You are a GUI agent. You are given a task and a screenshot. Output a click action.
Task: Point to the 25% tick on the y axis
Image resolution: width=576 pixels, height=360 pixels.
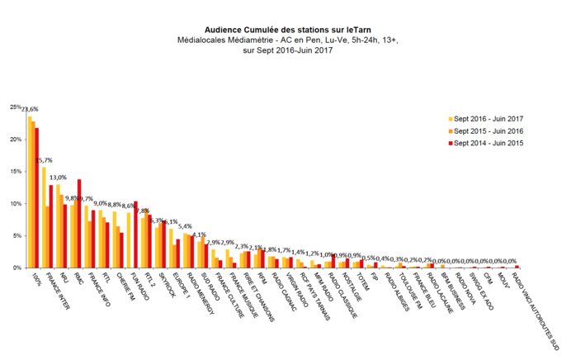click(x=16, y=107)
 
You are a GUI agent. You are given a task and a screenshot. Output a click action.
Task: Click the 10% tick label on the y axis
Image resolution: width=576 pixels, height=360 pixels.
click(x=16, y=204)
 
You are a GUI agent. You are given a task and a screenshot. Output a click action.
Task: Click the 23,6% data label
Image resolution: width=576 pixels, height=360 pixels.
click(x=31, y=109)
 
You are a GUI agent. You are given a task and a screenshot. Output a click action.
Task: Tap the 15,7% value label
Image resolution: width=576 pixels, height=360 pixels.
click(x=45, y=160)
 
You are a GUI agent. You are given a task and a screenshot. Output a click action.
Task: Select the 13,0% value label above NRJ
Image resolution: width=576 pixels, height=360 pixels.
click(x=59, y=178)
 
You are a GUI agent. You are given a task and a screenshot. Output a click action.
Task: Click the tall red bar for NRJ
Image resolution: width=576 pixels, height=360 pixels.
click(x=79, y=223)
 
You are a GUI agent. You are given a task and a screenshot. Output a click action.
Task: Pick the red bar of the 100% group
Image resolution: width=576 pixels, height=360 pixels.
click(x=37, y=198)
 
